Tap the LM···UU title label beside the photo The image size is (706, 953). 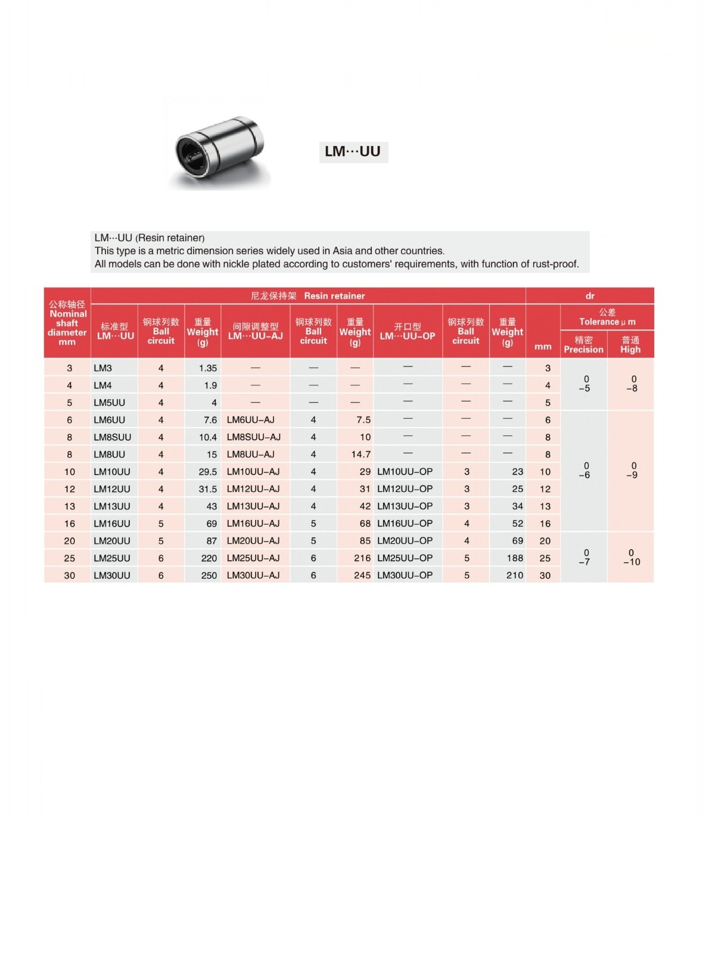point(353,151)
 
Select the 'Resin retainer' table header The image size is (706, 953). point(334,296)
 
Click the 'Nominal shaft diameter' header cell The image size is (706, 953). point(67,323)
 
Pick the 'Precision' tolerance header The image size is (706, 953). point(583,345)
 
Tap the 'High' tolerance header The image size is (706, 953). point(630,345)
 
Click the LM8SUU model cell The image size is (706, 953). point(112,437)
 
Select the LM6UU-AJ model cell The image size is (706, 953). point(251,420)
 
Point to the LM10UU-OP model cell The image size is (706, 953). point(405,472)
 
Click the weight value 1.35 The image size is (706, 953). point(208,368)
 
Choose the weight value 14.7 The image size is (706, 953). point(360,454)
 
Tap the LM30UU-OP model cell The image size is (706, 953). point(405,575)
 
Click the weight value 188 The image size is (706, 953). point(515,558)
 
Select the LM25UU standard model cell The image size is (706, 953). point(112,558)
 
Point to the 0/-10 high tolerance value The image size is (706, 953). point(632,558)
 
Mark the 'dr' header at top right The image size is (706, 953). point(590,296)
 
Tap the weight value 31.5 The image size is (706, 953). point(207,489)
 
